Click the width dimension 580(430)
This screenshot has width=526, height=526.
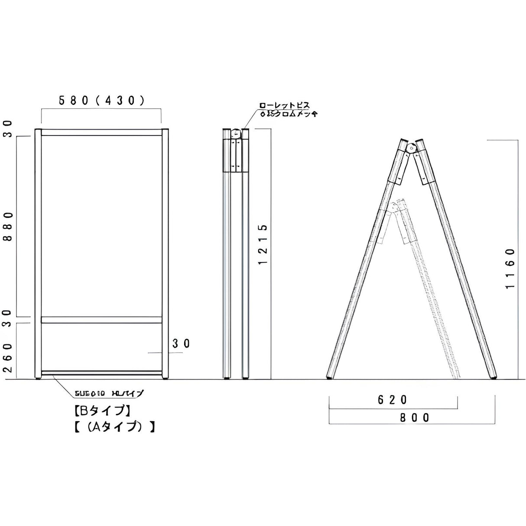[101, 101]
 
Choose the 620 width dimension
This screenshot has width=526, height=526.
[393, 399]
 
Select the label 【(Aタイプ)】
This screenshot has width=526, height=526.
[113, 427]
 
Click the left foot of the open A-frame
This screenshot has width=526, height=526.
[330, 377]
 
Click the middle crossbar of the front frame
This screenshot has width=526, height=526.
[101, 320]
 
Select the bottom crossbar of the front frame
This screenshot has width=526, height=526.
[101, 373]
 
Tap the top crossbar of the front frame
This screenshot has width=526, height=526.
[101, 133]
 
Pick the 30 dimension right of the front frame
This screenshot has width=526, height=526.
[181, 344]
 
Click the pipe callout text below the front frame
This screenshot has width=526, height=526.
[108, 394]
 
